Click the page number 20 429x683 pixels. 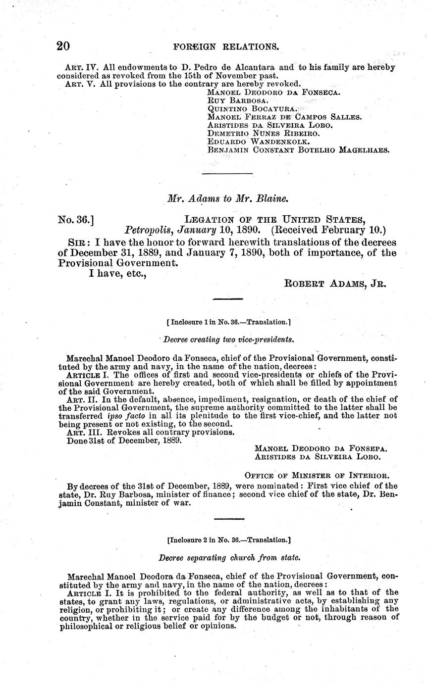(63, 46)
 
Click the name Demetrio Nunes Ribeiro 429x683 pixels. (263, 133)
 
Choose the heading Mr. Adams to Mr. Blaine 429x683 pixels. (228, 198)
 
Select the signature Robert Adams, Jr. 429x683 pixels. (335, 284)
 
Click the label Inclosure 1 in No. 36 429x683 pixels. (228, 322)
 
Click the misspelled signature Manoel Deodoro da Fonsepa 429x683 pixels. (321, 448)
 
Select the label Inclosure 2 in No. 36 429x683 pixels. (228, 540)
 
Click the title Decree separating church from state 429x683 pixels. (229, 557)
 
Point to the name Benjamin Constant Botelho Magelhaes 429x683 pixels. (299, 149)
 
